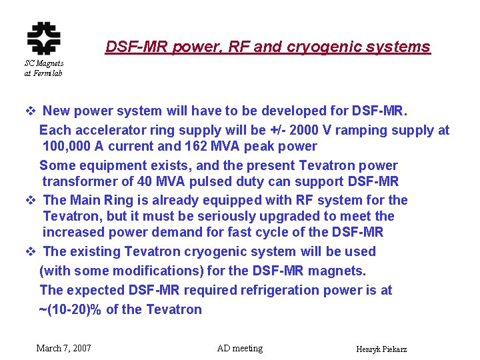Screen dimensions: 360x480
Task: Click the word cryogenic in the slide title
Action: [x=317, y=47]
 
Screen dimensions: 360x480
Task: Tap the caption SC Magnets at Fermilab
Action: [x=43, y=68]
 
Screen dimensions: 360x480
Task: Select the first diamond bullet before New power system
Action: [x=30, y=111]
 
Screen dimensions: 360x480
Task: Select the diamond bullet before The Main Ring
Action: [x=30, y=200]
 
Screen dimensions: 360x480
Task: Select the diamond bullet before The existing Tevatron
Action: [x=30, y=251]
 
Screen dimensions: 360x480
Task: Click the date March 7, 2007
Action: [x=63, y=348]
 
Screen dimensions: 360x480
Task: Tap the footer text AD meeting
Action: [x=240, y=348]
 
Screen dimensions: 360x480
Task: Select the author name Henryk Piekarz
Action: [x=382, y=349]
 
